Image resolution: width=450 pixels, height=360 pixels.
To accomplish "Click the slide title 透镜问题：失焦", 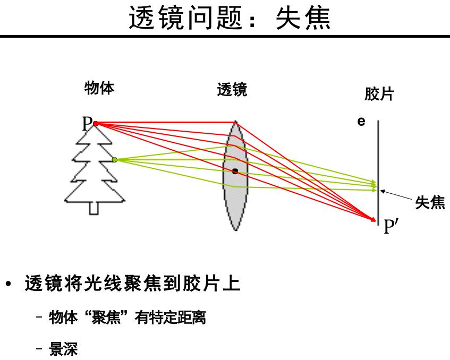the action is (230, 19).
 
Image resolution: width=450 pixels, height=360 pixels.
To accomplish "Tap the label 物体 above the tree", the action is (99, 88).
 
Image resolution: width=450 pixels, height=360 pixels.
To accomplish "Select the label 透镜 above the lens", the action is (232, 90).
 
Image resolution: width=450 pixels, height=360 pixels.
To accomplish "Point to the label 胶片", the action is (379, 95).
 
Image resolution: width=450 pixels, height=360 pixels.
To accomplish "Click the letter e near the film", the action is (361, 122).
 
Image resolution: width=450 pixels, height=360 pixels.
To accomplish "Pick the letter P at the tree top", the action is (87, 124).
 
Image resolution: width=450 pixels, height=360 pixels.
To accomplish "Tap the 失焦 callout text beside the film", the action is (430, 202).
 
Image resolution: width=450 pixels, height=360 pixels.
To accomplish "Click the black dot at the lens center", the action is (235, 171).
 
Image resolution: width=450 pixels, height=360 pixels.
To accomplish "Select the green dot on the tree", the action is (115, 159).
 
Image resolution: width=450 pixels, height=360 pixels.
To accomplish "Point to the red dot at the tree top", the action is (96, 124).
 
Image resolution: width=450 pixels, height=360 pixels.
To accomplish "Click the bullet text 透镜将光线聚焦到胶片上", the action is (132, 284).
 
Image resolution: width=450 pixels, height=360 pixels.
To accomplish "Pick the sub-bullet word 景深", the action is (63, 349).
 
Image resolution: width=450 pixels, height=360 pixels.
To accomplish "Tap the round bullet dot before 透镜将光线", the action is (8, 284).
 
